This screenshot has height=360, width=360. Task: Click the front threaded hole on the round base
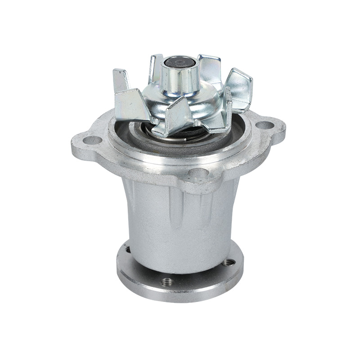167,281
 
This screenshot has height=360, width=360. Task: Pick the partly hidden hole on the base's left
127,249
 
